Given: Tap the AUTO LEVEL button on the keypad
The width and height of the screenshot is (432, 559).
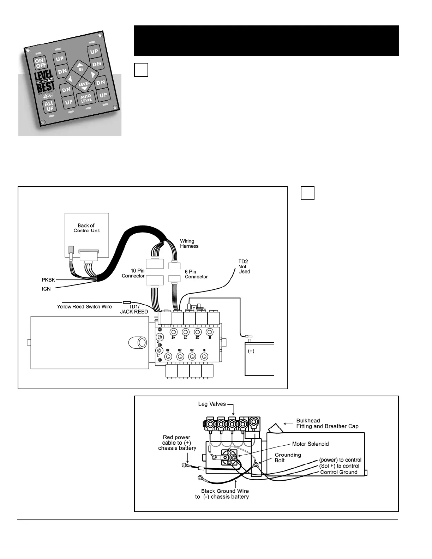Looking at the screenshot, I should tap(86, 98).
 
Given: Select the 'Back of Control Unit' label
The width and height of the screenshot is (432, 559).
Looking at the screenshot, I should tap(86, 228).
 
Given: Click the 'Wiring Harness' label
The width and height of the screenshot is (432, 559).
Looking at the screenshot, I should tap(189, 244).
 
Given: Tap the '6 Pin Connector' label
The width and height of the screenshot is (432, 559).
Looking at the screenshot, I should tap(196, 274).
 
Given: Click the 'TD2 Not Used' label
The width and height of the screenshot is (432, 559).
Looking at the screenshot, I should tap(244, 266).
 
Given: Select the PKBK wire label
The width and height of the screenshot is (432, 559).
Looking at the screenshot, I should tap(48, 280).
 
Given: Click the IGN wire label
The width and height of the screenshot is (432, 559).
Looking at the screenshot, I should tap(46, 289).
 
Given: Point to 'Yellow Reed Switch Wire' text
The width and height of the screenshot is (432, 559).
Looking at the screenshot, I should tap(84, 307).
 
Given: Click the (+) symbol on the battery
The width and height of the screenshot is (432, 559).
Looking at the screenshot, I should tap(251, 351).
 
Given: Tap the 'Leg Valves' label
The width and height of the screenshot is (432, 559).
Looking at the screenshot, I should tap(212, 404).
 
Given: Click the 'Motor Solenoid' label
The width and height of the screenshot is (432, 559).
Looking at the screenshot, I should tap(310, 444).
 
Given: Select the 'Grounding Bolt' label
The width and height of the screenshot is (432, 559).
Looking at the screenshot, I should tap(288, 457).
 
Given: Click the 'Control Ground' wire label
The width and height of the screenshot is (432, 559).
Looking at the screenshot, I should tap(338, 472).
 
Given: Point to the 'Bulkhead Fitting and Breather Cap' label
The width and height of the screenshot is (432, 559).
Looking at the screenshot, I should tap(327, 423).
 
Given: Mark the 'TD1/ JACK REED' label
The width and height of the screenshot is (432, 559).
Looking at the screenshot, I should tap(134, 309).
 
